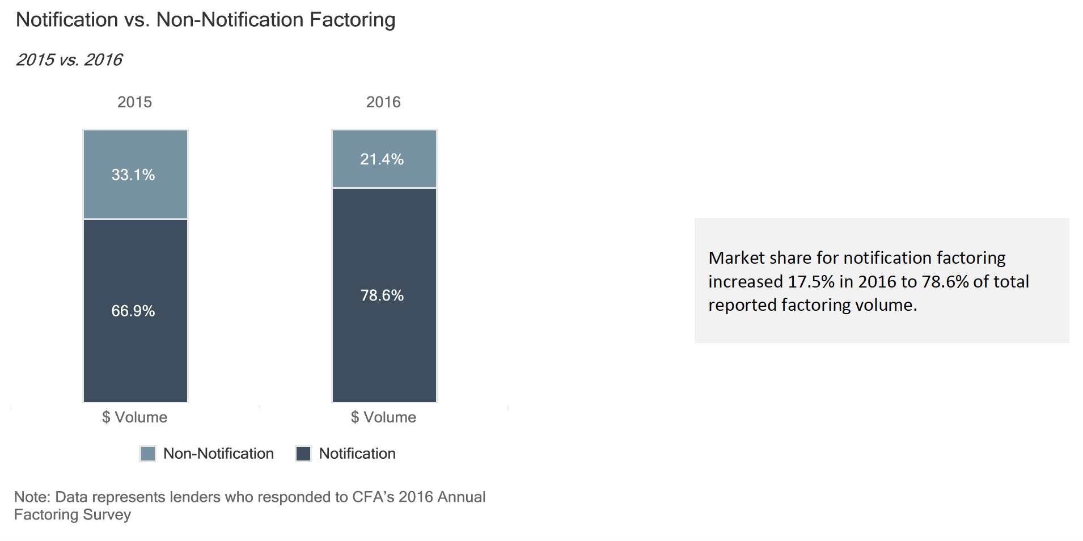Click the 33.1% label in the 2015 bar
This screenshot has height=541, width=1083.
(x=133, y=175)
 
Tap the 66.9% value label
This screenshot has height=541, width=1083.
(x=133, y=311)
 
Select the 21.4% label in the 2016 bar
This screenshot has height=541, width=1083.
(x=382, y=159)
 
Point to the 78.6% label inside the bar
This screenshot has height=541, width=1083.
(x=382, y=295)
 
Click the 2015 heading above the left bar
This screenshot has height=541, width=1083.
(x=134, y=102)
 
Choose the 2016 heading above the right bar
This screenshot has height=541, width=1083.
(x=383, y=102)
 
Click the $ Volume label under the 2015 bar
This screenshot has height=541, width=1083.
(x=134, y=417)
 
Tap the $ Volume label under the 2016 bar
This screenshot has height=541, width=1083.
(x=383, y=417)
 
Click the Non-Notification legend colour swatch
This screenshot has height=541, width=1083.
(x=147, y=454)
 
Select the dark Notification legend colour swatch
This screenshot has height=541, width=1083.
(x=303, y=454)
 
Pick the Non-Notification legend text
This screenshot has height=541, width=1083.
(x=218, y=454)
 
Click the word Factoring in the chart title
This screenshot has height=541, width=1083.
(x=352, y=20)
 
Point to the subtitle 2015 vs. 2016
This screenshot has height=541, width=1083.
(x=69, y=60)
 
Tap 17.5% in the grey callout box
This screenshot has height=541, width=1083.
(x=811, y=282)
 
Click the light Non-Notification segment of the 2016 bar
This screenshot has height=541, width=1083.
(x=384, y=159)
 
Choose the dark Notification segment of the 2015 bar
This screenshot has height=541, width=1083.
(x=136, y=311)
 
